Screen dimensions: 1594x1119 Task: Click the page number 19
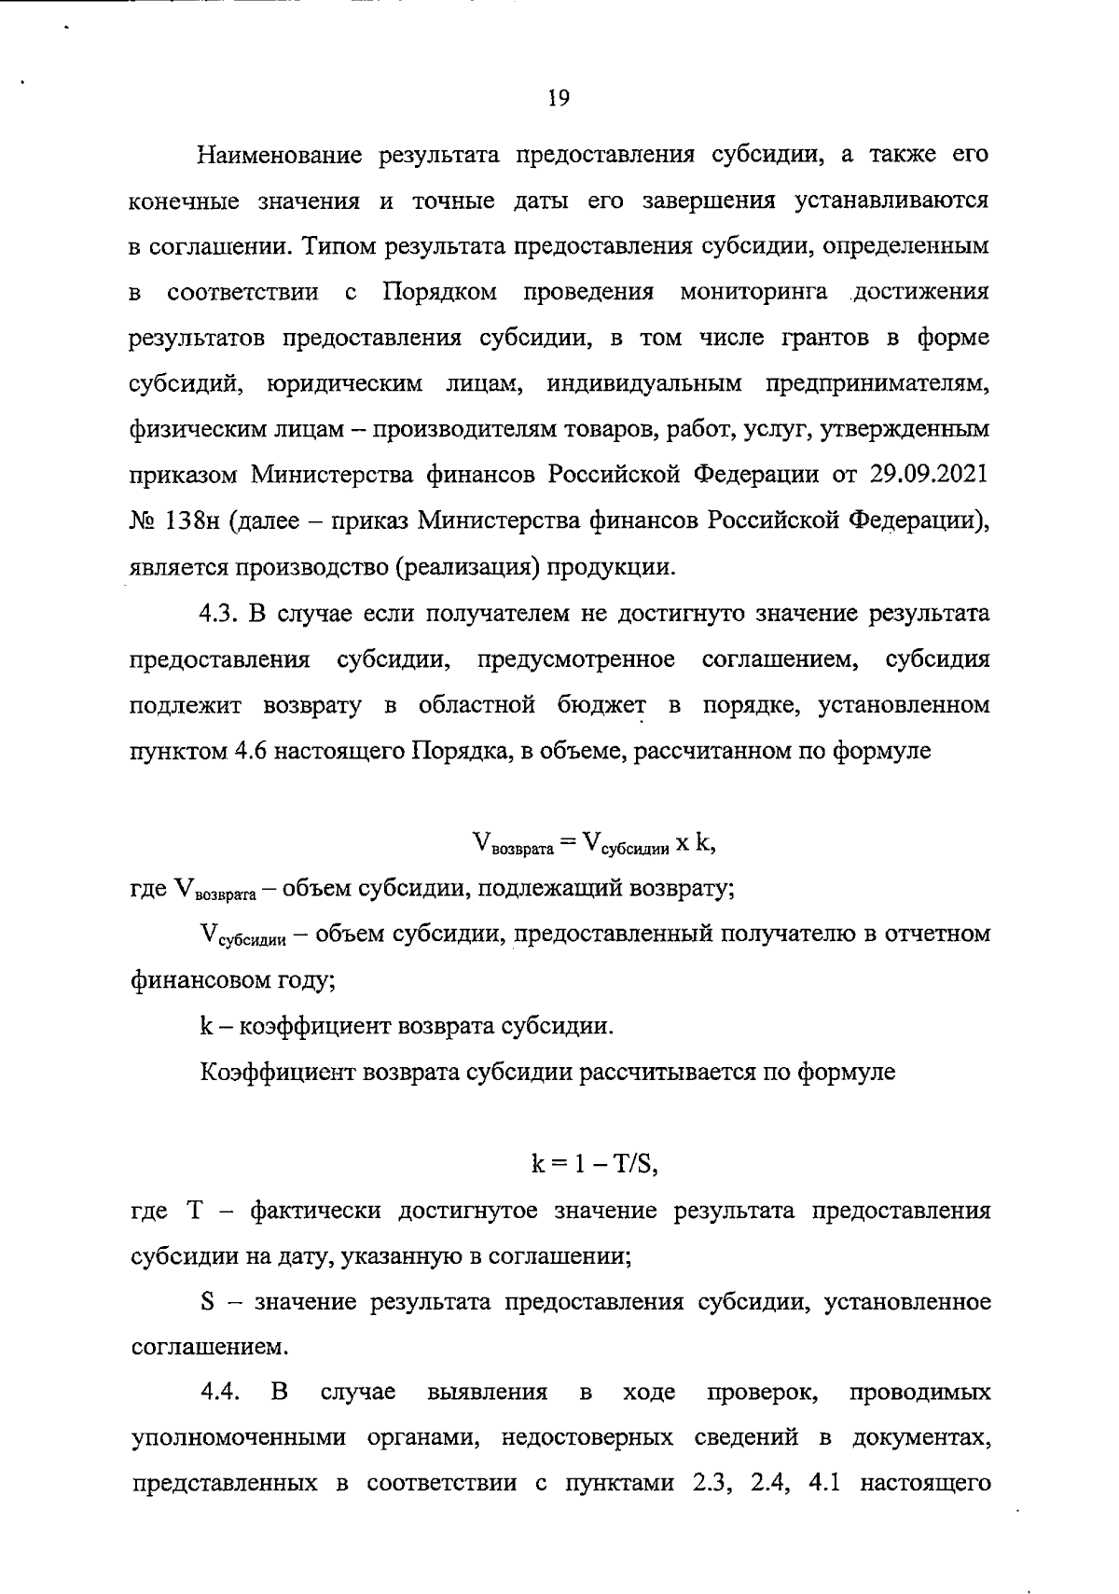click(x=559, y=98)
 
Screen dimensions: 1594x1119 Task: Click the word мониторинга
click(x=753, y=292)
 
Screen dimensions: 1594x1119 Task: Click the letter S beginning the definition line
click(x=208, y=1301)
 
